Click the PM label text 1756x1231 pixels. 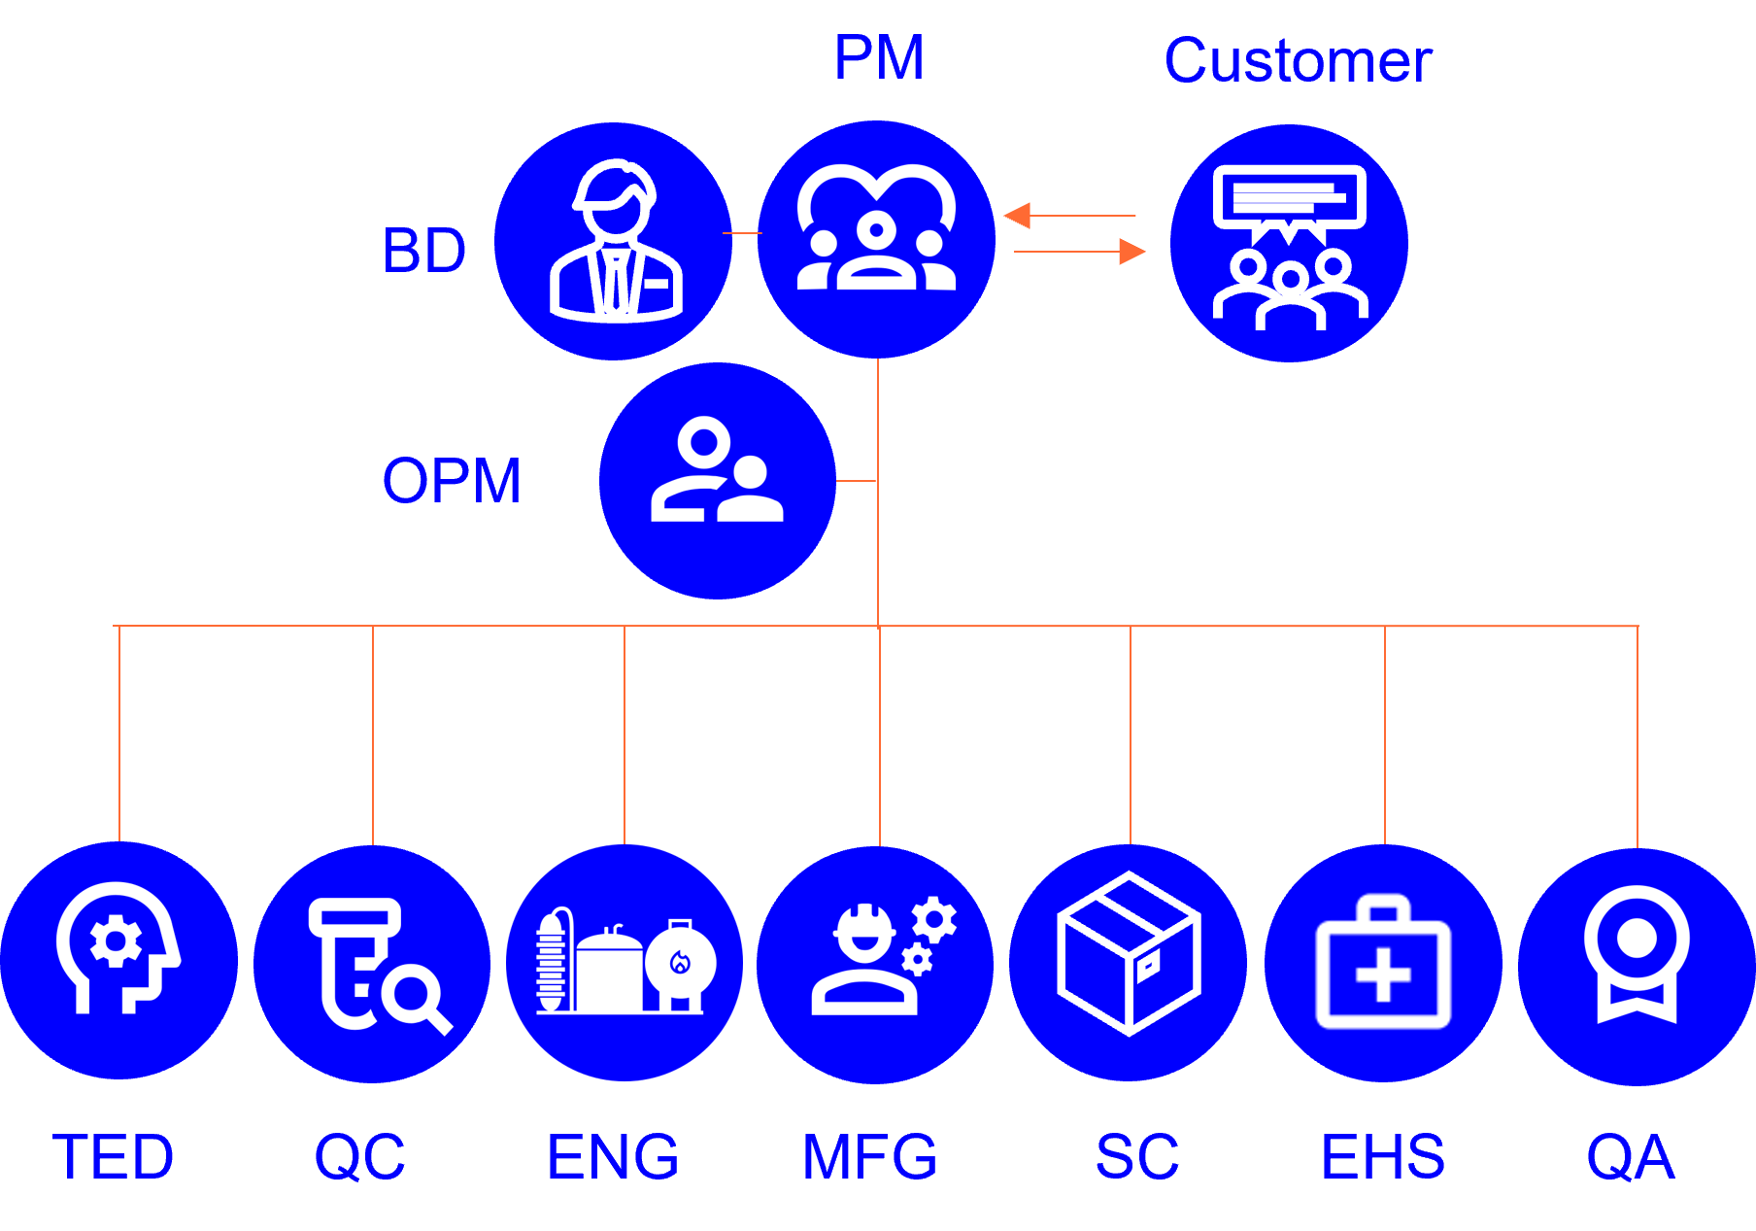pyautogui.click(x=879, y=58)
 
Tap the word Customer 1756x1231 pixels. pyautogui.click(x=1298, y=61)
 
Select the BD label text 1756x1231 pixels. pyautogui.click(x=424, y=251)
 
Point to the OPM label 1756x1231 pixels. pyautogui.click(x=452, y=481)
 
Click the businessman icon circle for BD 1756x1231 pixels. pyautogui.click(x=614, y=241)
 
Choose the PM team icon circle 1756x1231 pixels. pyautogui.click(x=876, y=239)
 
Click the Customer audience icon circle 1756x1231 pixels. pyautogui.click(x=1289, y=243)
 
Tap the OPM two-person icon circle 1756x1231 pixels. pyautogui.click(x=718, y=481)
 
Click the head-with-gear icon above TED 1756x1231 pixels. pyautogui.click(x=118, y=961)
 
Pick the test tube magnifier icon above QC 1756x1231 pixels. pyautogui.click(x=373, y=964)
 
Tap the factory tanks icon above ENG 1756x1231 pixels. pyautogui.click(x=625, y=963)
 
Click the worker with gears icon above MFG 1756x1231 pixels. pyautogui.click(x=876, y=964)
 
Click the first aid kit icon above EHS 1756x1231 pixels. pyautogui.click(x=1383, y=964)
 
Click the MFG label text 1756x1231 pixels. pyautogui.click(x=869, y=1157)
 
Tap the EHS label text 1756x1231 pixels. pyautogui.click(x=1383, y=1157)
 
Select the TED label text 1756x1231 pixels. pyautogui.click(x=113, y=1157)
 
